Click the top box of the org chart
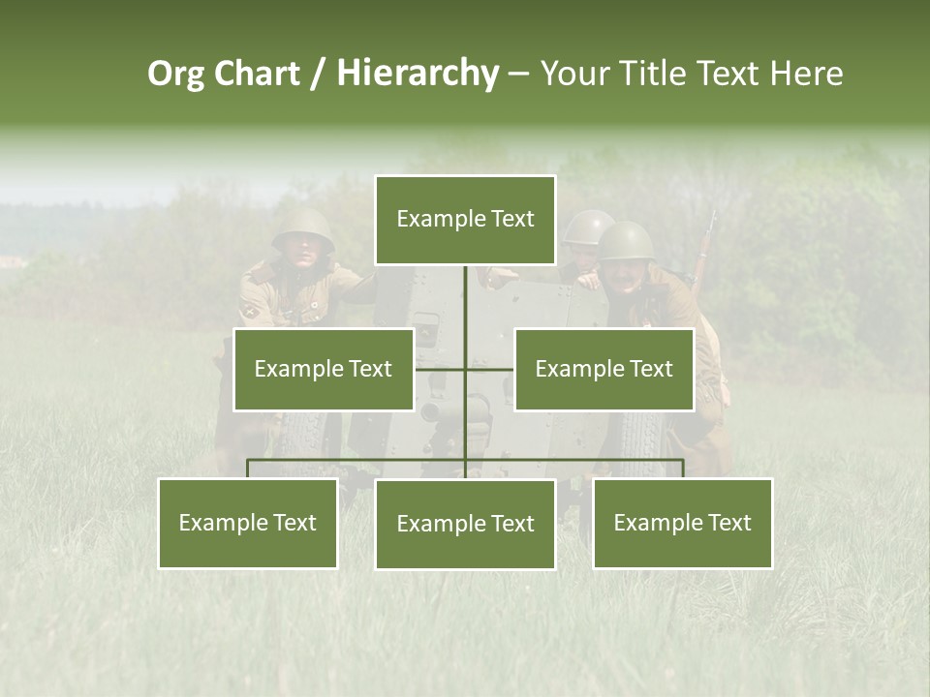(x=465, y=220)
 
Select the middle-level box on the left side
(x=324, y=369)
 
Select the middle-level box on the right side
(x=604, y=369)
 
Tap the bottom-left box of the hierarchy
(x=248, y=523)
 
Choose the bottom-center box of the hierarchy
(x=465, y=524)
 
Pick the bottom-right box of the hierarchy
(x=682, y=523)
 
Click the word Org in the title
(x=175, y=74)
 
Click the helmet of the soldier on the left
(x=302, y=228)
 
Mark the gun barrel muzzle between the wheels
(x=431, y=412)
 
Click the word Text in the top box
(x=511, y=219)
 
